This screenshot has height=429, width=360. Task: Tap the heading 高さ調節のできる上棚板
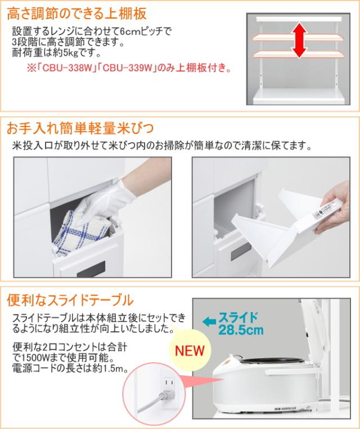pyautogui.click(x=77, y=13)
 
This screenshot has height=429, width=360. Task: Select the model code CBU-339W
pyautogui.click(x=127, y=68)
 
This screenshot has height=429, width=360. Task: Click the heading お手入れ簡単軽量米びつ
pyautogui.click(x=80, y=128)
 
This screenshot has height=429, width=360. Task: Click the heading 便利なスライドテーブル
pyautogui.click(x=70, y=300)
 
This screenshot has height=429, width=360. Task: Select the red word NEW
pyautogui.click(x=190, y=350)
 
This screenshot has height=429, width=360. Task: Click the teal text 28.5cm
pyautogui.click(x=241, y=329)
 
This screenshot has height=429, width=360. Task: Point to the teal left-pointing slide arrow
pyautogui.click(x=209, y=322)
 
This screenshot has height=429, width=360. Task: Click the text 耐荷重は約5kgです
pyautogui.click(x=56, y=53)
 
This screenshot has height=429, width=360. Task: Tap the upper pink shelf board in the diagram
pyautogui.click(x=298, y=38)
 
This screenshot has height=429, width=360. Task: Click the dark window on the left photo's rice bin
pyautogui.click(x=91, y=269)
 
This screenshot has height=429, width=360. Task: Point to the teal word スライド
pyautogui.click(x=238, y=318)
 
